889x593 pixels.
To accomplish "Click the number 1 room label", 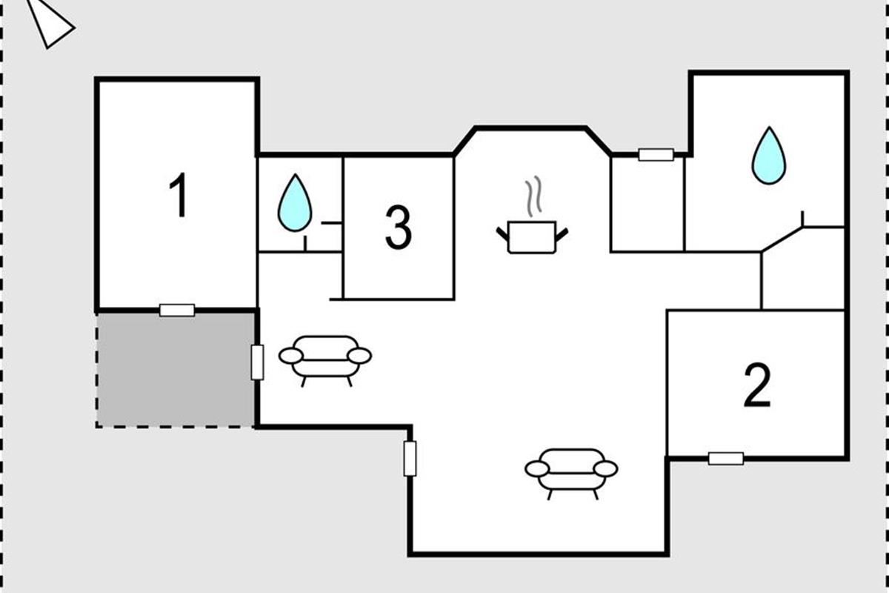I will (x=178, y=196).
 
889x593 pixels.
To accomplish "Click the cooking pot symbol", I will (x=532, y=236).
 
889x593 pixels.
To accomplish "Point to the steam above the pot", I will (x=532, y=196).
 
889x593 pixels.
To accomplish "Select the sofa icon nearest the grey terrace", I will (x=325, y=357).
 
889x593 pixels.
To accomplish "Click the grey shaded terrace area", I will (x=176, y=369).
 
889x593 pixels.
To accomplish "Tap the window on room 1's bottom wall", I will (x=177, y=310).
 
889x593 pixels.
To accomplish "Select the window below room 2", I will (x=725, y=458).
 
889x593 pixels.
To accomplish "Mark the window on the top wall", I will (x=656, y=154).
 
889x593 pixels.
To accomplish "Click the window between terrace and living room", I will (x=257, y=362).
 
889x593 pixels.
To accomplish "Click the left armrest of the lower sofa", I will (x=536, y=468).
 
